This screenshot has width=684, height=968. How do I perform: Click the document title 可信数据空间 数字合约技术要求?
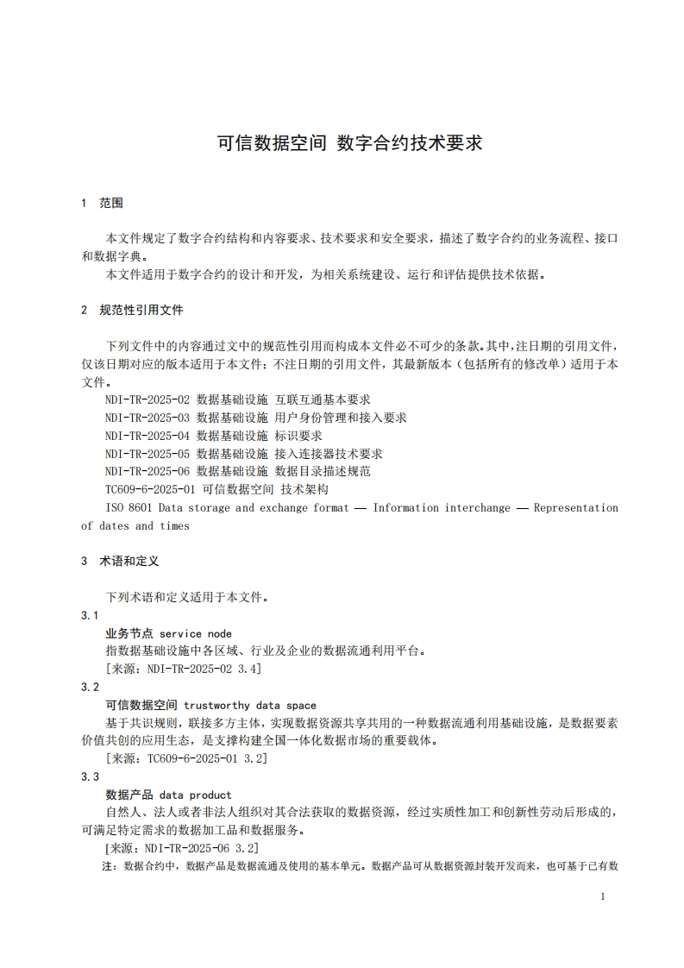(x=349, y=143)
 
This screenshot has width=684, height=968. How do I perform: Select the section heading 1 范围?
(x=102, y=203)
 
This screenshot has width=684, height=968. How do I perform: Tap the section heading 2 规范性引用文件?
(x=132, y=310)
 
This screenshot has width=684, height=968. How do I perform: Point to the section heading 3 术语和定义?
(x=120, y=561)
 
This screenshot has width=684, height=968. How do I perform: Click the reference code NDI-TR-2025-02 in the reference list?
(x=147, y=399)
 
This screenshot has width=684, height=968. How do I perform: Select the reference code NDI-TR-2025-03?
(x=147, y=418)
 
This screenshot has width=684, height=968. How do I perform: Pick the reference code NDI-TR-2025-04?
(x=147, y=436)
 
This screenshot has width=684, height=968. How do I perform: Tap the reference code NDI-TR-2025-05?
(x=147, y=454)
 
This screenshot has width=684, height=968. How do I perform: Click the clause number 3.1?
(x=90, y=615)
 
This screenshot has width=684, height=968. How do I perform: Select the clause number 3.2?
(x=90, y=688)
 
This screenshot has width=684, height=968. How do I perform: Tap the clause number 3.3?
(x=90, y=776)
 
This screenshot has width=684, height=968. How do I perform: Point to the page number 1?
(x=603, y=897)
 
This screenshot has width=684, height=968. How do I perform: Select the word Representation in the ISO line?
(x=576, y=508)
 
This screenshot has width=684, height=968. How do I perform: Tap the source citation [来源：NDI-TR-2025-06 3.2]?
(x=181, y=848)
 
